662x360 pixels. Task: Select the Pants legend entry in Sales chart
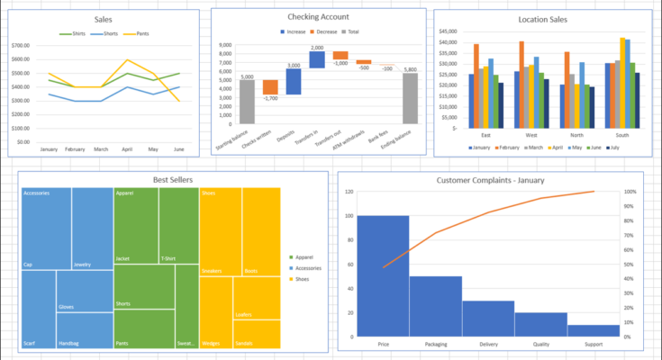[135, 34]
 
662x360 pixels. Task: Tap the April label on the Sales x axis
[127, 149]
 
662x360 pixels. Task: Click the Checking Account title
[318, 17]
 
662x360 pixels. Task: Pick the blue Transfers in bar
[317, 59]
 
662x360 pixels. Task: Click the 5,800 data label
[410, 69]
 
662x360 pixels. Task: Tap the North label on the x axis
[576, 136]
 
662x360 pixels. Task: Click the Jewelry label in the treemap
[82, 265]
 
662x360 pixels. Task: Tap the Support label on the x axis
[594, 344]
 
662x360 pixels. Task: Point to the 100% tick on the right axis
[631, 192]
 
